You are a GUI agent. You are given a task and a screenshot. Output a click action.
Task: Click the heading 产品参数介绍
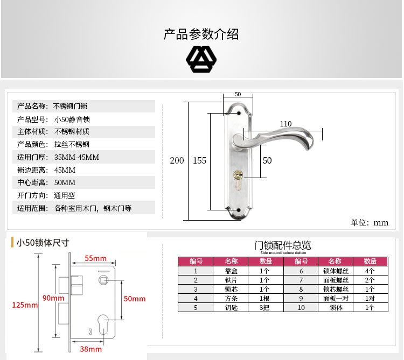point(201,35)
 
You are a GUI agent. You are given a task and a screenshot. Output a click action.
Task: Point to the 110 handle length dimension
point(285,124)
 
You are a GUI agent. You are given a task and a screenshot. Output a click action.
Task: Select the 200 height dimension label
point(177,160)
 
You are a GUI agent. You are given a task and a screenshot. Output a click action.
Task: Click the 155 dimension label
point(199,160)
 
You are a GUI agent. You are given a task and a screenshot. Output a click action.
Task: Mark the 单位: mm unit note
point(370,222)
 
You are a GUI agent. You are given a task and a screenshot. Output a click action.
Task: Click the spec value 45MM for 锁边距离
point(65,170)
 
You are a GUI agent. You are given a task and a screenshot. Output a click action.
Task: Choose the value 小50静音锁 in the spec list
point(72,119)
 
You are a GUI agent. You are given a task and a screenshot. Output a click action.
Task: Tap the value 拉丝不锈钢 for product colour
point(72,145)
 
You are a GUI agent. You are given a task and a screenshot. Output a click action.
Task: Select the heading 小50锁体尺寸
point(43,243)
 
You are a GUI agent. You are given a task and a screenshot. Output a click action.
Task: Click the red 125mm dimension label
point(25,305)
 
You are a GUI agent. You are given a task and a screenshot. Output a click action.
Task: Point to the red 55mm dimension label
point(96,258)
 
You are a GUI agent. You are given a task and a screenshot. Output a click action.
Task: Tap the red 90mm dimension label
point(54,298)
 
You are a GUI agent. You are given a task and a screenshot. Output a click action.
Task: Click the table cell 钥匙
point(231,307)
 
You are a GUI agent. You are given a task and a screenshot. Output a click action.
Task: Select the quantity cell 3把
point(264,307)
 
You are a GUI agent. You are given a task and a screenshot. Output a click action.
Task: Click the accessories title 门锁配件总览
point(283,245)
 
